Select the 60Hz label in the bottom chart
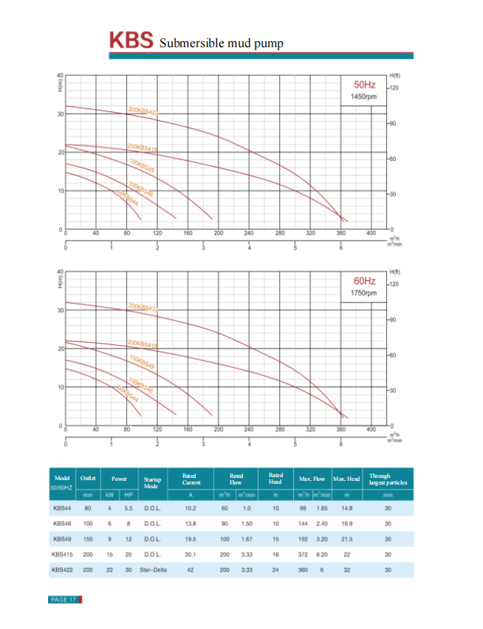click(x=365, y=282)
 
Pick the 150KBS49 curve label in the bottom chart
click(x=142, y=363)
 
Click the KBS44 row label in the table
click(x=62, y=508)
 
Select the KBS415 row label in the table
click(x=62, y=555)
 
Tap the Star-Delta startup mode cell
click(x=152, y=569)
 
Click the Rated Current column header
click(x=191, y=479)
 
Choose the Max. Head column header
click(x=346, y=479)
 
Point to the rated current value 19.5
click(x=191, y=539)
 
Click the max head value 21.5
click(x=346, y=539)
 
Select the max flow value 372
click(x=302, y=555)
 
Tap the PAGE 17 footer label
click(x=64, y=600)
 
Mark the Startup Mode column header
click(x=152, y=483)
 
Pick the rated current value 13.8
click(x=191, y=524)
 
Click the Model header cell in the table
click(x=62, y=478)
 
